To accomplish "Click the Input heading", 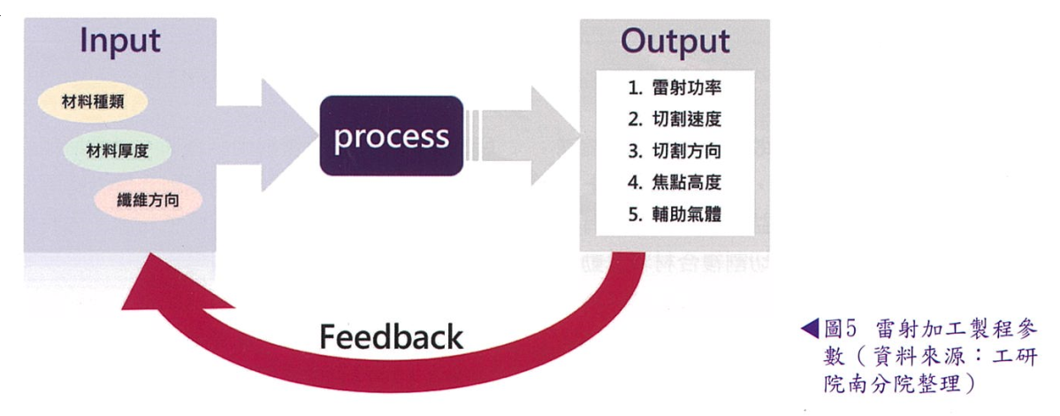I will point(120,41).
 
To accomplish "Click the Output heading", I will point(675,41).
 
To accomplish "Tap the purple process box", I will point(392,136).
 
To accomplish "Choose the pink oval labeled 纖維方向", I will point(148,200).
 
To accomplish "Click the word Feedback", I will point(391,337).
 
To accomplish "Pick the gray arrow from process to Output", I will point(530,136).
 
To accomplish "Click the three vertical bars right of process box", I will point(473,136).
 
